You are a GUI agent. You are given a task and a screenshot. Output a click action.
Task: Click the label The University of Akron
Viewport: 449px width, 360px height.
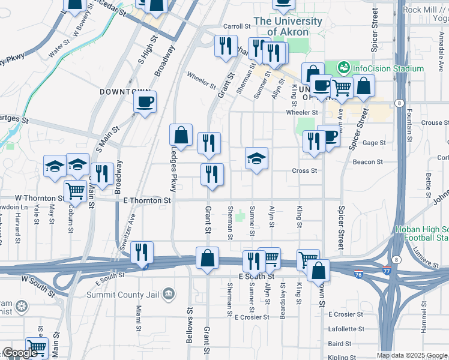pyautogui.click(x=288, y=26)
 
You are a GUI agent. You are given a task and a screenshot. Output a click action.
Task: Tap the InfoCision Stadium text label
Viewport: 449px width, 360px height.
pyautogui.click(x=388, y=68)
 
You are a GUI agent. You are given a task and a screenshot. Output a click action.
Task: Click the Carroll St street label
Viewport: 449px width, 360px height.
pyautogui.click(x=236, y=26)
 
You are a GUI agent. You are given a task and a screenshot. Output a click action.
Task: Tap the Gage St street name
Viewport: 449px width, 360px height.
pyautogui.click(x=373, y=143)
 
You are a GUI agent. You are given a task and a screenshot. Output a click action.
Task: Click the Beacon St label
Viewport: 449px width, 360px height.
pyautogui.click(x=367, y=162)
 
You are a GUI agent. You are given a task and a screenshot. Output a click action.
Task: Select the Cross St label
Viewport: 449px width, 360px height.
pyautogui.click(x=304, y=171)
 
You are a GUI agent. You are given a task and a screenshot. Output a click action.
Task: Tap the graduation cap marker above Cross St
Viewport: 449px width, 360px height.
pyautogui.click(x=256, y=159)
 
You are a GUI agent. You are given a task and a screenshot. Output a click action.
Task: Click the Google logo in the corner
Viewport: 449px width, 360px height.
pyautogui.click(x=20, y=353)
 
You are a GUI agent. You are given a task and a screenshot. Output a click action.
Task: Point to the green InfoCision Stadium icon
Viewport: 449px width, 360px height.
pyautogui.click(x=344, y=68)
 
